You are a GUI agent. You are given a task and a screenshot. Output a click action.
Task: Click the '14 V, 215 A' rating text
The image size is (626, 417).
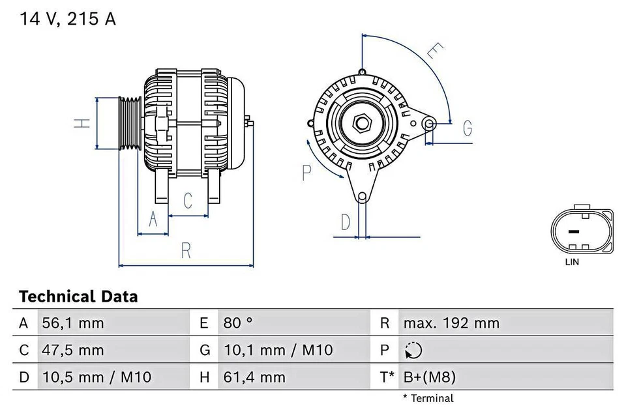point(67,19)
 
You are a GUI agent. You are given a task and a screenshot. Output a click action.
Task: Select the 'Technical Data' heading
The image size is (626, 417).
point(78,297)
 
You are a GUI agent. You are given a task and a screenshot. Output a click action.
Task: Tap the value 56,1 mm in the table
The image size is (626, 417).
point(72,323)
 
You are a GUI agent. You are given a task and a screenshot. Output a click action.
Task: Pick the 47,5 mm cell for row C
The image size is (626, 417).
point(72,351)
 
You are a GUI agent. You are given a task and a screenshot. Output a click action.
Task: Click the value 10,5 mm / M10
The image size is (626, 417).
point(96,377)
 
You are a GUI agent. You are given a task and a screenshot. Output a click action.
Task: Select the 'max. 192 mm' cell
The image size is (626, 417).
point(451,323)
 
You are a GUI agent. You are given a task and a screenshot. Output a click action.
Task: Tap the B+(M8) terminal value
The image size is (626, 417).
point(430,377)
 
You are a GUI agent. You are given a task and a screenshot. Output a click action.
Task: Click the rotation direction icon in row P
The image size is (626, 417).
point(413,351)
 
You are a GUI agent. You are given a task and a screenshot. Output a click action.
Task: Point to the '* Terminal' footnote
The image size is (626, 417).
point(428,398)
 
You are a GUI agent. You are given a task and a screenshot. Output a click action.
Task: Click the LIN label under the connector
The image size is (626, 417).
point(571,263)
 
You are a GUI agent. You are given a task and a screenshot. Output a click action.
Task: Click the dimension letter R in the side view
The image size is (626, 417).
point(186,250)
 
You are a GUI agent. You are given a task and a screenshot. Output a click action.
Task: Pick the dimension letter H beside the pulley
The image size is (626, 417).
point(81,123)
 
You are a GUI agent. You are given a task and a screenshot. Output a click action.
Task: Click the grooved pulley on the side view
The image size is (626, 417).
point(130,124)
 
